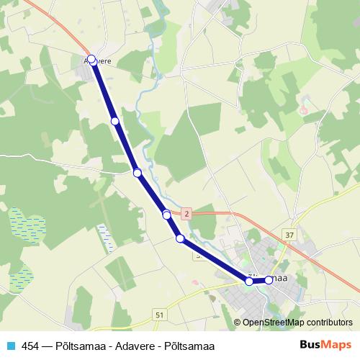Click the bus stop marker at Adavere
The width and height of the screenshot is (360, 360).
(x=91, y=60)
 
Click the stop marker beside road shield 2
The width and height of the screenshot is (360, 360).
(x=166, y=215)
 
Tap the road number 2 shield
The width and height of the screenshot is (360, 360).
(x=186, y=214)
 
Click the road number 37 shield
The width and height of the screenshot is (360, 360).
(x=289, y=235)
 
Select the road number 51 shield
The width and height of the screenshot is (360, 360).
(x=158, y=315)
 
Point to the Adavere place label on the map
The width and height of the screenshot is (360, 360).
(x=99, y=62)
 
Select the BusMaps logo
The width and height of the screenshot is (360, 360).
(x=327, y=344)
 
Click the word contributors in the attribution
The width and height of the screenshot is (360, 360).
(x=328, y=323)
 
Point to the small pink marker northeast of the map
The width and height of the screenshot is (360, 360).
(x=303, y=111)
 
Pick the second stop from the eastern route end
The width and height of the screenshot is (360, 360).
(x=250, y=282)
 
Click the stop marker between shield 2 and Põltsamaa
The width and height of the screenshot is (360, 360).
(x=180, y=238)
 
